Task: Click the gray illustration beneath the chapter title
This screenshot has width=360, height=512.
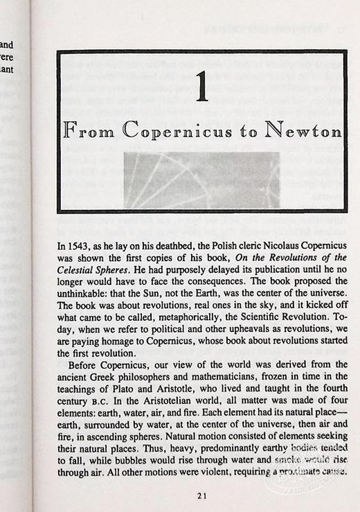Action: [x=201, y=180]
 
